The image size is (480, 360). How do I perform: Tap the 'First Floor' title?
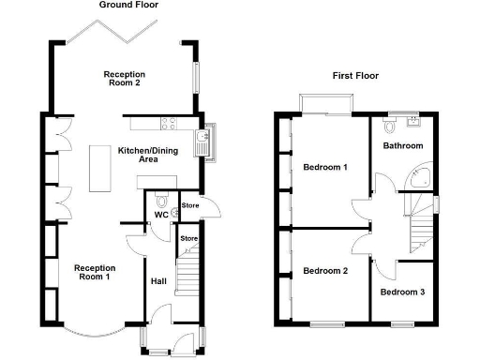tap(356, 76)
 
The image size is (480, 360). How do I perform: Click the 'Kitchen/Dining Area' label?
tap(148, 156)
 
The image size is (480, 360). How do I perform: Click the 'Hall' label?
tap(158, 280)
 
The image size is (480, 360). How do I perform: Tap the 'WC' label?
tap(161, 215)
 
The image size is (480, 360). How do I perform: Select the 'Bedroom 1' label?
tap(325, 168)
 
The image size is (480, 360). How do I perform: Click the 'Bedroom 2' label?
tap(325, 271)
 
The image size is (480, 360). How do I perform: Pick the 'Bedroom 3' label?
tap(402, 292)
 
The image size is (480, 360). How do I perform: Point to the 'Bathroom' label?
tap(402, 146)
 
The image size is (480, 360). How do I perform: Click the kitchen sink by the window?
tap(202, 142)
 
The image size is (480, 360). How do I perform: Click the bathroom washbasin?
tap(415, 122)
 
